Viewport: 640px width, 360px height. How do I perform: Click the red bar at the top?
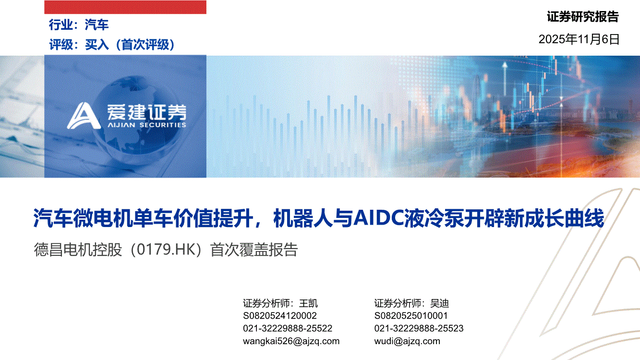point(125,7)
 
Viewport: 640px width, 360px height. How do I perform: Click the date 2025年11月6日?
point(579,39)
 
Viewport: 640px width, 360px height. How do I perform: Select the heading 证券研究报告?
point(583,17)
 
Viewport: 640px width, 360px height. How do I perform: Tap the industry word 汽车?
point(97,24)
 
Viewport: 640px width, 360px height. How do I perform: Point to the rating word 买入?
point(97,45)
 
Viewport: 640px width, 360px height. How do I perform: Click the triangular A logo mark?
point(84,116)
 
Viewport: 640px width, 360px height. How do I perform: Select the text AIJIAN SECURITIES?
point(147,125)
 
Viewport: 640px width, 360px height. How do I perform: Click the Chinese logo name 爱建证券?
point(147,112)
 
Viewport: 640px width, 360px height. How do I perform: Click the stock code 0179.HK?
point(166,250)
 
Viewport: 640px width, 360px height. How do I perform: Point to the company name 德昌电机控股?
point(78,250)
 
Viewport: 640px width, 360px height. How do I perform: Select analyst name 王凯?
point(308,303)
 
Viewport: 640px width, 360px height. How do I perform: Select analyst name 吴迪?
point(440,303)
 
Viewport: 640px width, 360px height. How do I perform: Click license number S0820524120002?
point(280,316)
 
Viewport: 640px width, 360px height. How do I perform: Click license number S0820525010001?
point(411,316)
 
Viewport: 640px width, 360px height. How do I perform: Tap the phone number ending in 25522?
point(288,328)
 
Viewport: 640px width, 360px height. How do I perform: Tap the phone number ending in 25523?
point(419,328)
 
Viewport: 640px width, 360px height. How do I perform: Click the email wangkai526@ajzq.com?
point(291,341)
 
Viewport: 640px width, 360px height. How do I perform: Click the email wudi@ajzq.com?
point(407,341)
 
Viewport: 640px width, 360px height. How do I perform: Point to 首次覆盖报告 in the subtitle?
point(254,250)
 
